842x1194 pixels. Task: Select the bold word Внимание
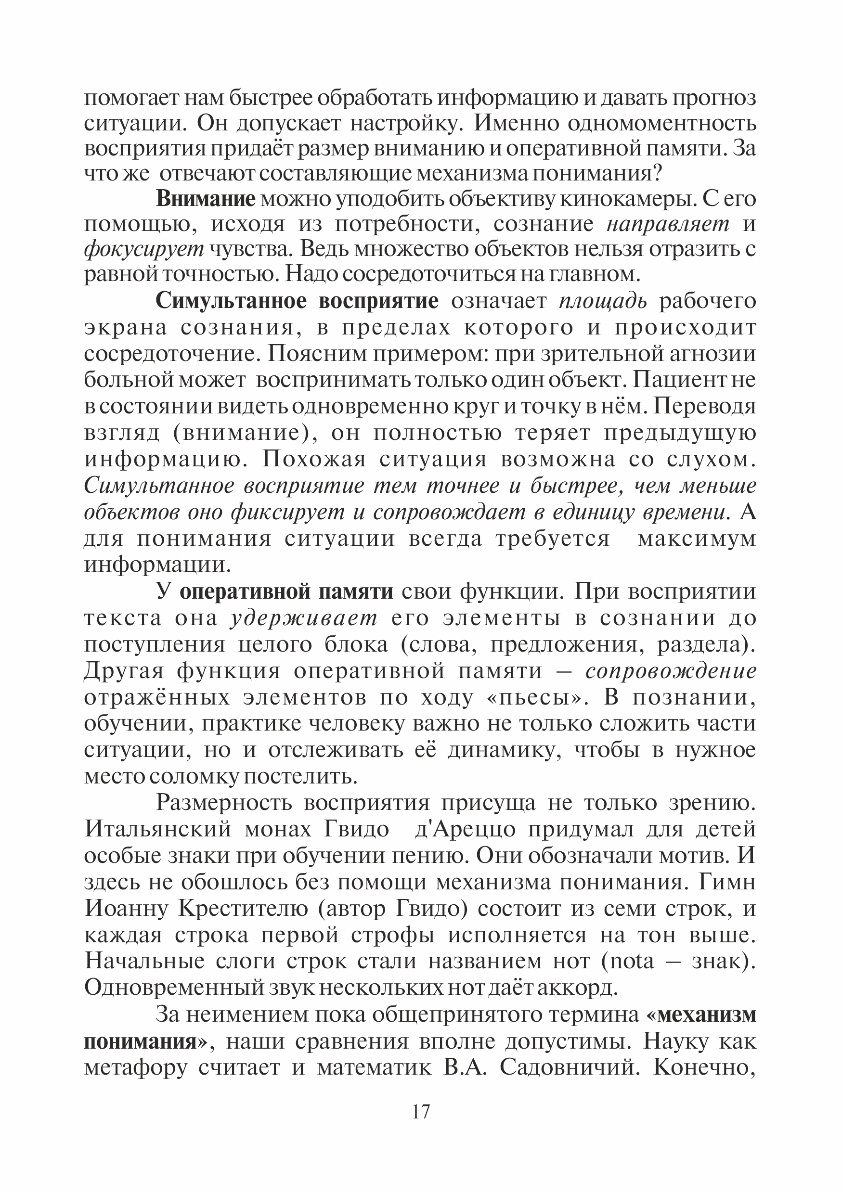206,199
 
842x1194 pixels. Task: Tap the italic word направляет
668,224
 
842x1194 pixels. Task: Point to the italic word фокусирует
144,250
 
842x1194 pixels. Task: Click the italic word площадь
603,301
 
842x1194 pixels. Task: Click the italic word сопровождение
671,671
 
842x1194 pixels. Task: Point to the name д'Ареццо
465,829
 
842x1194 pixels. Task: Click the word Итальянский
158,829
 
